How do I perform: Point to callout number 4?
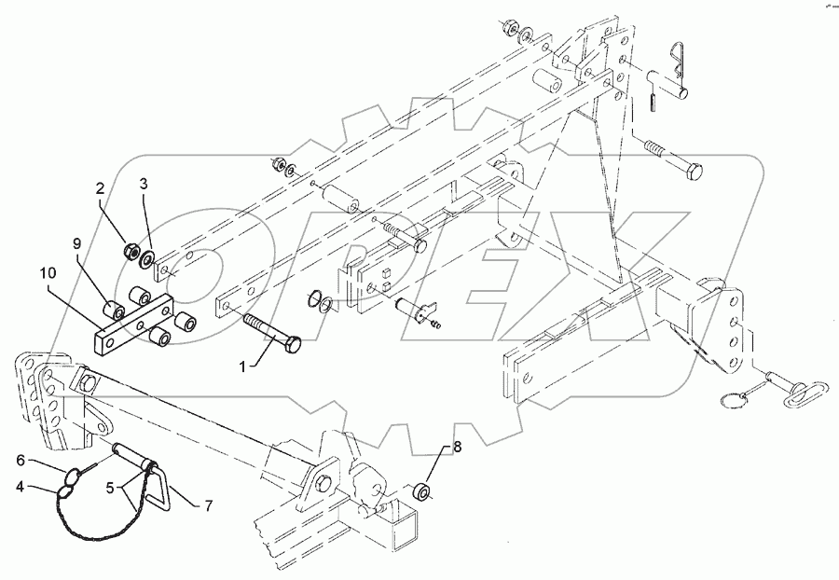pyautogui.click(x=20, y=485)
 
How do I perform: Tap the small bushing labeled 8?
pyautogui.click(x=423, y=490)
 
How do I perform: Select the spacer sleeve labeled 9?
pyautogui.click(x=115, y=309)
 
